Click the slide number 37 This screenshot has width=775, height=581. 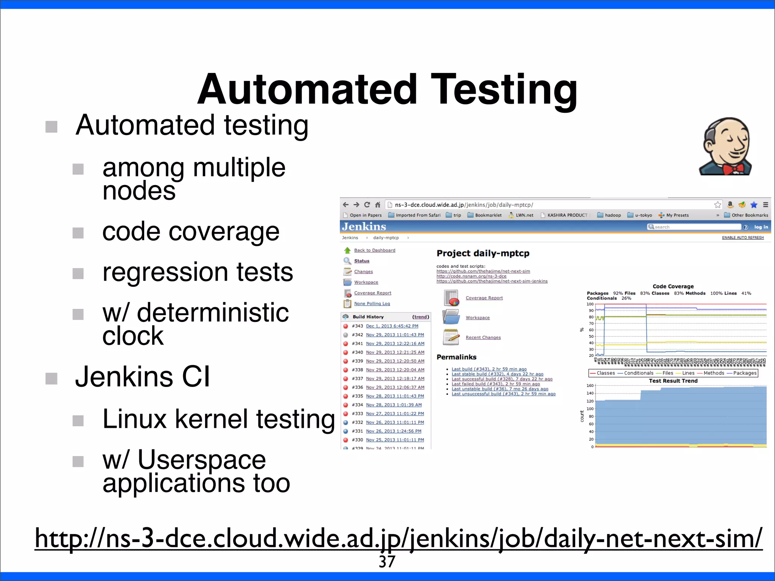(x=387, y=562)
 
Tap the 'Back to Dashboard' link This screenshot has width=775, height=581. (x=374, y=250)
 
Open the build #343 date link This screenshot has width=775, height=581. (x=392, y=326)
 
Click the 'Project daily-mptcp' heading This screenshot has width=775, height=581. (x=483, y=253)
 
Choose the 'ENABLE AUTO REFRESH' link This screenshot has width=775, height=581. (x=742, y=238)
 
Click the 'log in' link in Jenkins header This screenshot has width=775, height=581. (x=761, y=227)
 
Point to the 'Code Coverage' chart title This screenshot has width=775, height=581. (x=673, y=286)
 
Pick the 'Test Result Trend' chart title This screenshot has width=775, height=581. (x=673, y=381)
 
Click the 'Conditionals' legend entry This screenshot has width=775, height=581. (x=638, y=373)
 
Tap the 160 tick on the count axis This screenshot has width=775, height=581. (x=590, y=386)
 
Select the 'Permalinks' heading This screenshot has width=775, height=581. (x=456, y=357)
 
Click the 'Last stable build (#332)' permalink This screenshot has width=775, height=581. (x=497, y=374)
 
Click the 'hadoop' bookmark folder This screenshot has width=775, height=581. (x=612, y=215)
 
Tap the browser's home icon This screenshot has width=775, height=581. (x=377, y=205)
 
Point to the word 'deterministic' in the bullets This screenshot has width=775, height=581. (x=213, y=313)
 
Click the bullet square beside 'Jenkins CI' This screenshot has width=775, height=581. (x=51, y=378)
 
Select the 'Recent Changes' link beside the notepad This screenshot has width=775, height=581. (x=483, y=337)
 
